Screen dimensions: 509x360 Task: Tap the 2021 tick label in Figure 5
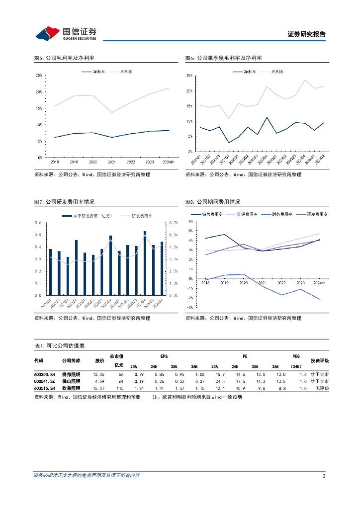tap(112, 162)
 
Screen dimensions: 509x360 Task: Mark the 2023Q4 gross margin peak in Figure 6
tap(305, 80)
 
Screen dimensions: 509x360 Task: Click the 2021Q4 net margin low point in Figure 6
tap(229, 143)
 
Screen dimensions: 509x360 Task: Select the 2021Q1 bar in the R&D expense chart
tap(51, 272)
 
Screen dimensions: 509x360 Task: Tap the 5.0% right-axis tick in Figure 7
tap(174, 235)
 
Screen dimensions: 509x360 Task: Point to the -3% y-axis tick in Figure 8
tap(189, 308)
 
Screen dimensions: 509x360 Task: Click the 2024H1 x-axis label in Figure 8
tap(318, 282)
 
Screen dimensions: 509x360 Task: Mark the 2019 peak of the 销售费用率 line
tap(224, 234)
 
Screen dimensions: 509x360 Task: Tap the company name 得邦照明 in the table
tap(71, 374)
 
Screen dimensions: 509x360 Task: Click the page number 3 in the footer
tap(324, 476)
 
